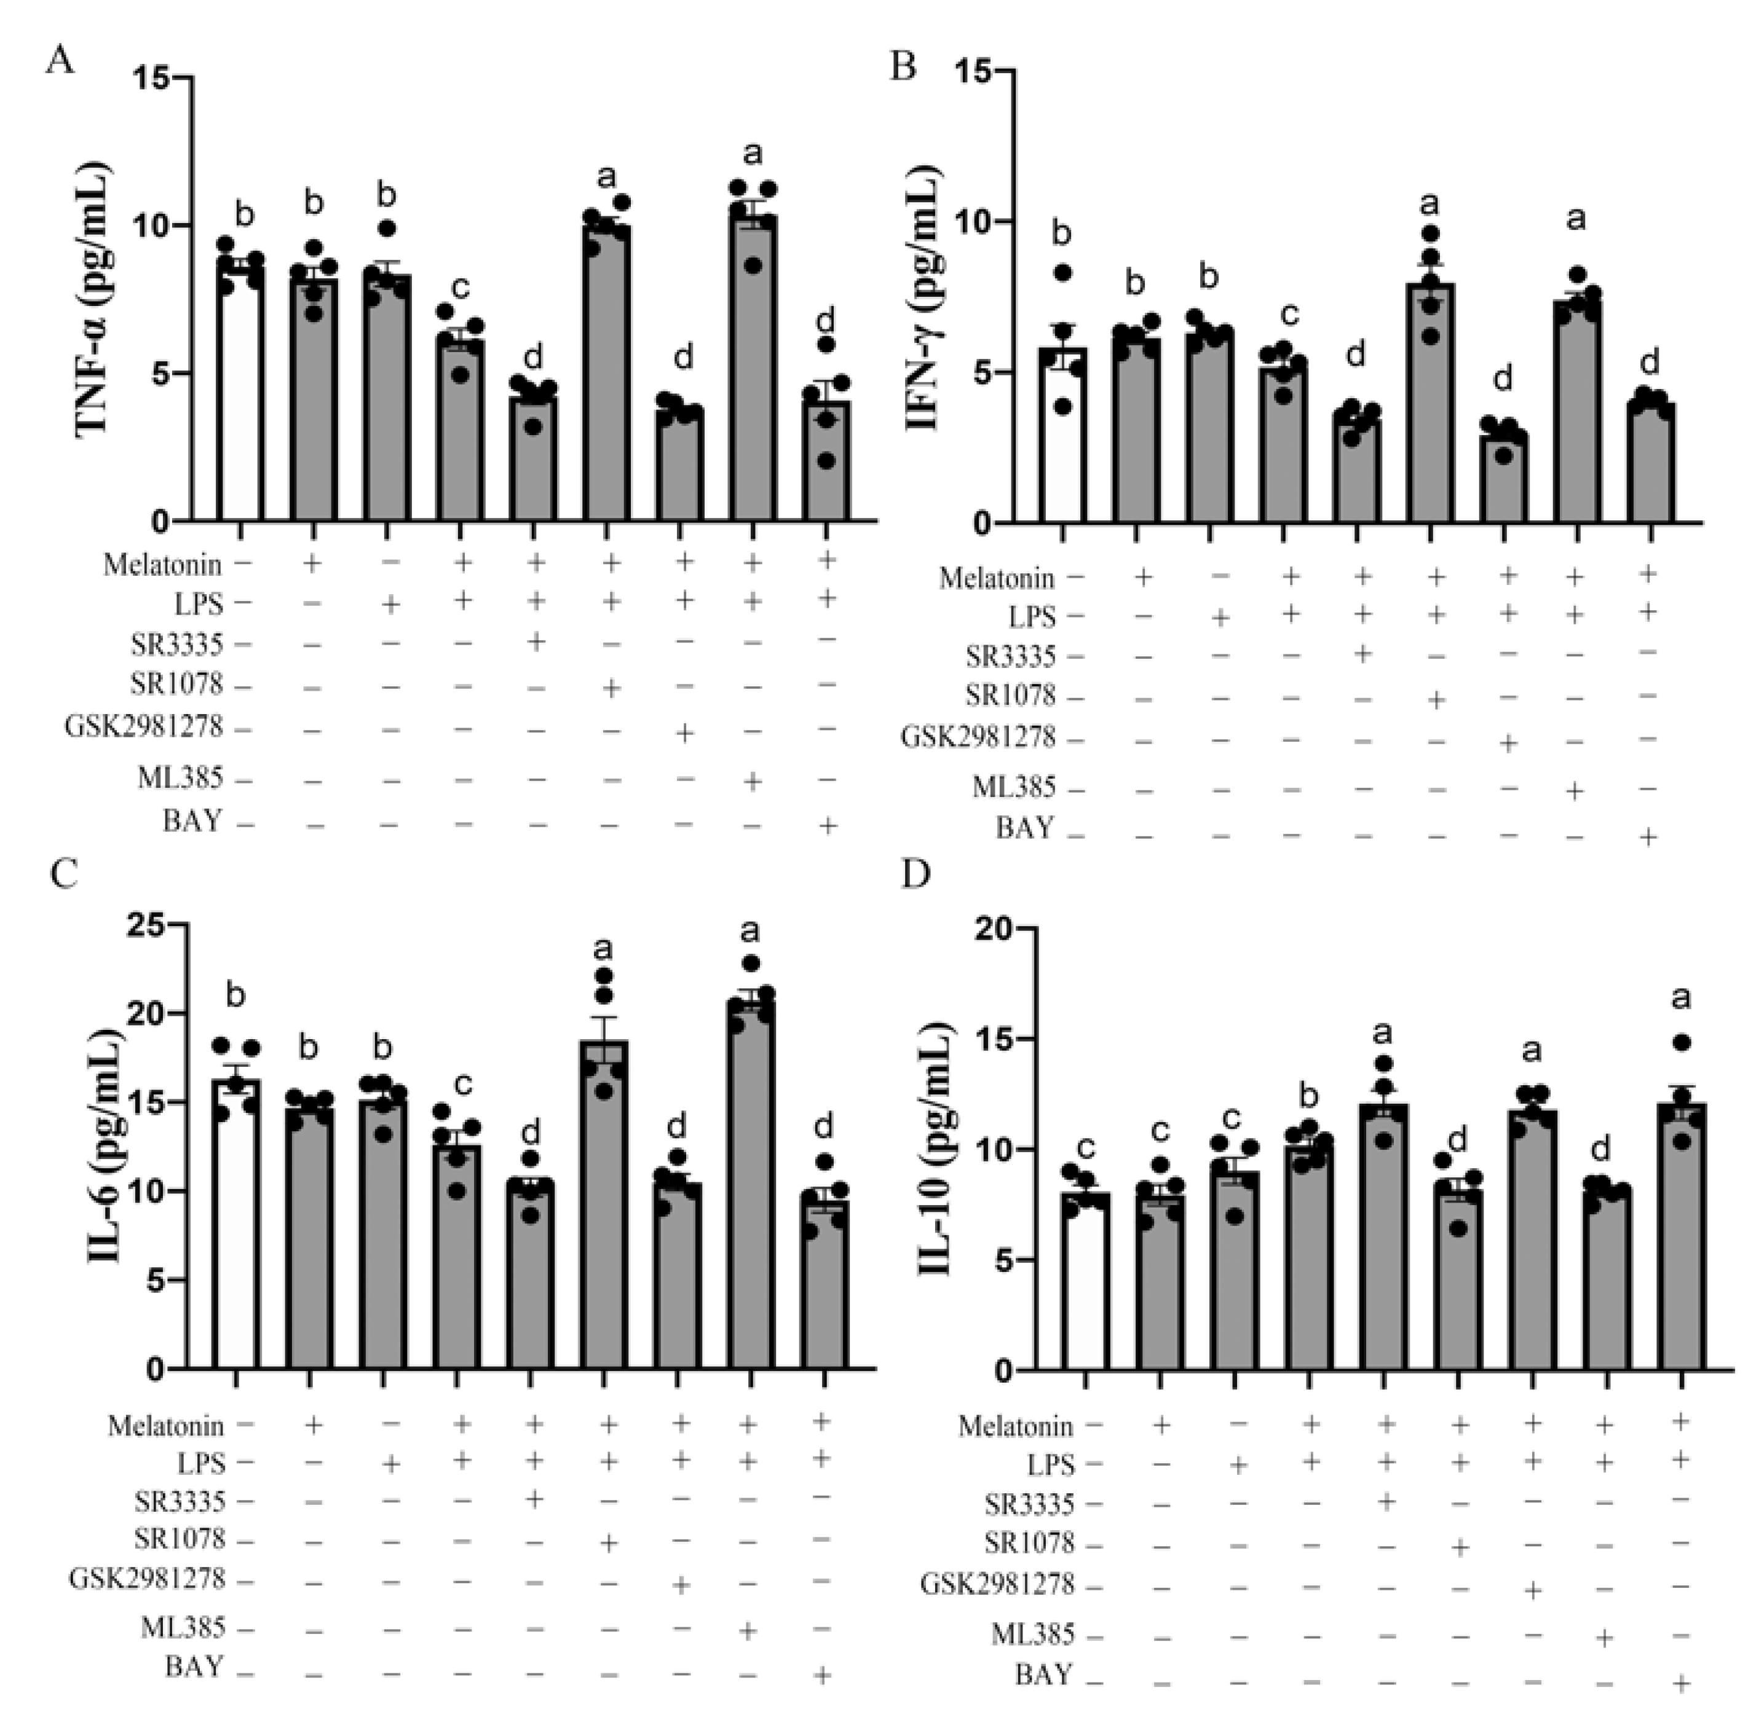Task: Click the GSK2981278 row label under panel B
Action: [977, 737]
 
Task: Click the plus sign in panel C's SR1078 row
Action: [608, 1543]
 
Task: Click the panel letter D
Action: [916, 874]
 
